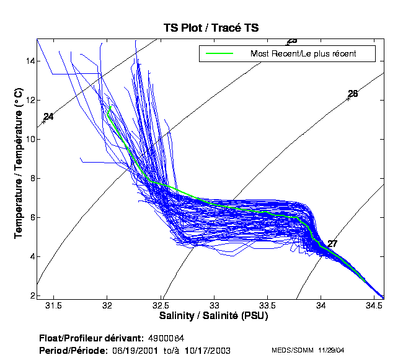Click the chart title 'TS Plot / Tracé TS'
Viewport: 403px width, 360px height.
pos(210,28)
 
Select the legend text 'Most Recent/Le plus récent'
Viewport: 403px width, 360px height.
pos(303,53)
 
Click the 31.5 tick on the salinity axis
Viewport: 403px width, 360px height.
pos(54,306)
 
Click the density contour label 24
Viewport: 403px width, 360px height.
pos(48,117)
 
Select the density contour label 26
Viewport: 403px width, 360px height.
pos(353,94)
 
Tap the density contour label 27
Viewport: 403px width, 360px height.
pos(332,244)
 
